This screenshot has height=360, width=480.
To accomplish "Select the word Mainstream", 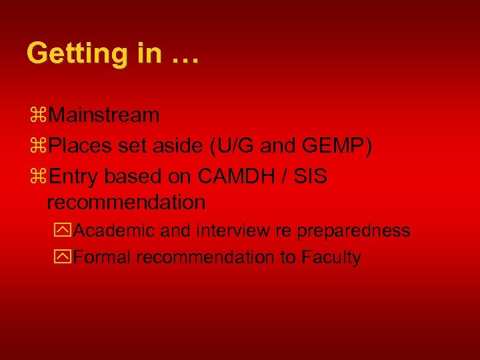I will point(103,115).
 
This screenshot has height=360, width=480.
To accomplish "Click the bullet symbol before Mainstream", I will point(37,115).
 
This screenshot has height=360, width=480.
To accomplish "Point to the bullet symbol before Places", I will point(37,145).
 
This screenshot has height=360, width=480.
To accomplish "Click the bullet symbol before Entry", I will point(37,176).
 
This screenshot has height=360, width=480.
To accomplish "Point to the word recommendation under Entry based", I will point(126,201).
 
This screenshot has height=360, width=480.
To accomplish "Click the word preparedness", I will point(353,231).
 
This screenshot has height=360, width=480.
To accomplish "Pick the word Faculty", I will point(331,257).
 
